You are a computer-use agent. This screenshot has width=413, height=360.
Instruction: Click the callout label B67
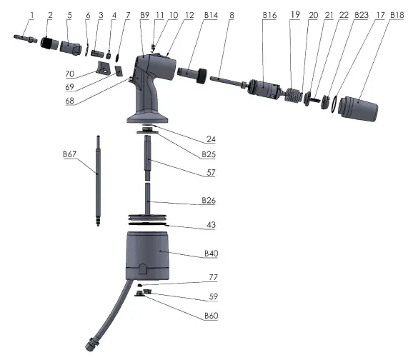pos(69,153)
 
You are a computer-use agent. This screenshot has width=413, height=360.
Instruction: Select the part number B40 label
pos(212,254)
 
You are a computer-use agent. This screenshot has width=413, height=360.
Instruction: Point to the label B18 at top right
pos(397,14)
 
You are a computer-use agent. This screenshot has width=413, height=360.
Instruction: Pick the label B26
pos(209,201)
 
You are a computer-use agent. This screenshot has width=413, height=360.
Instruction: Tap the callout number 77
pos(212,277)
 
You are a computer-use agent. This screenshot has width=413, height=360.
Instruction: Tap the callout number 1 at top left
pos(31,14)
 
